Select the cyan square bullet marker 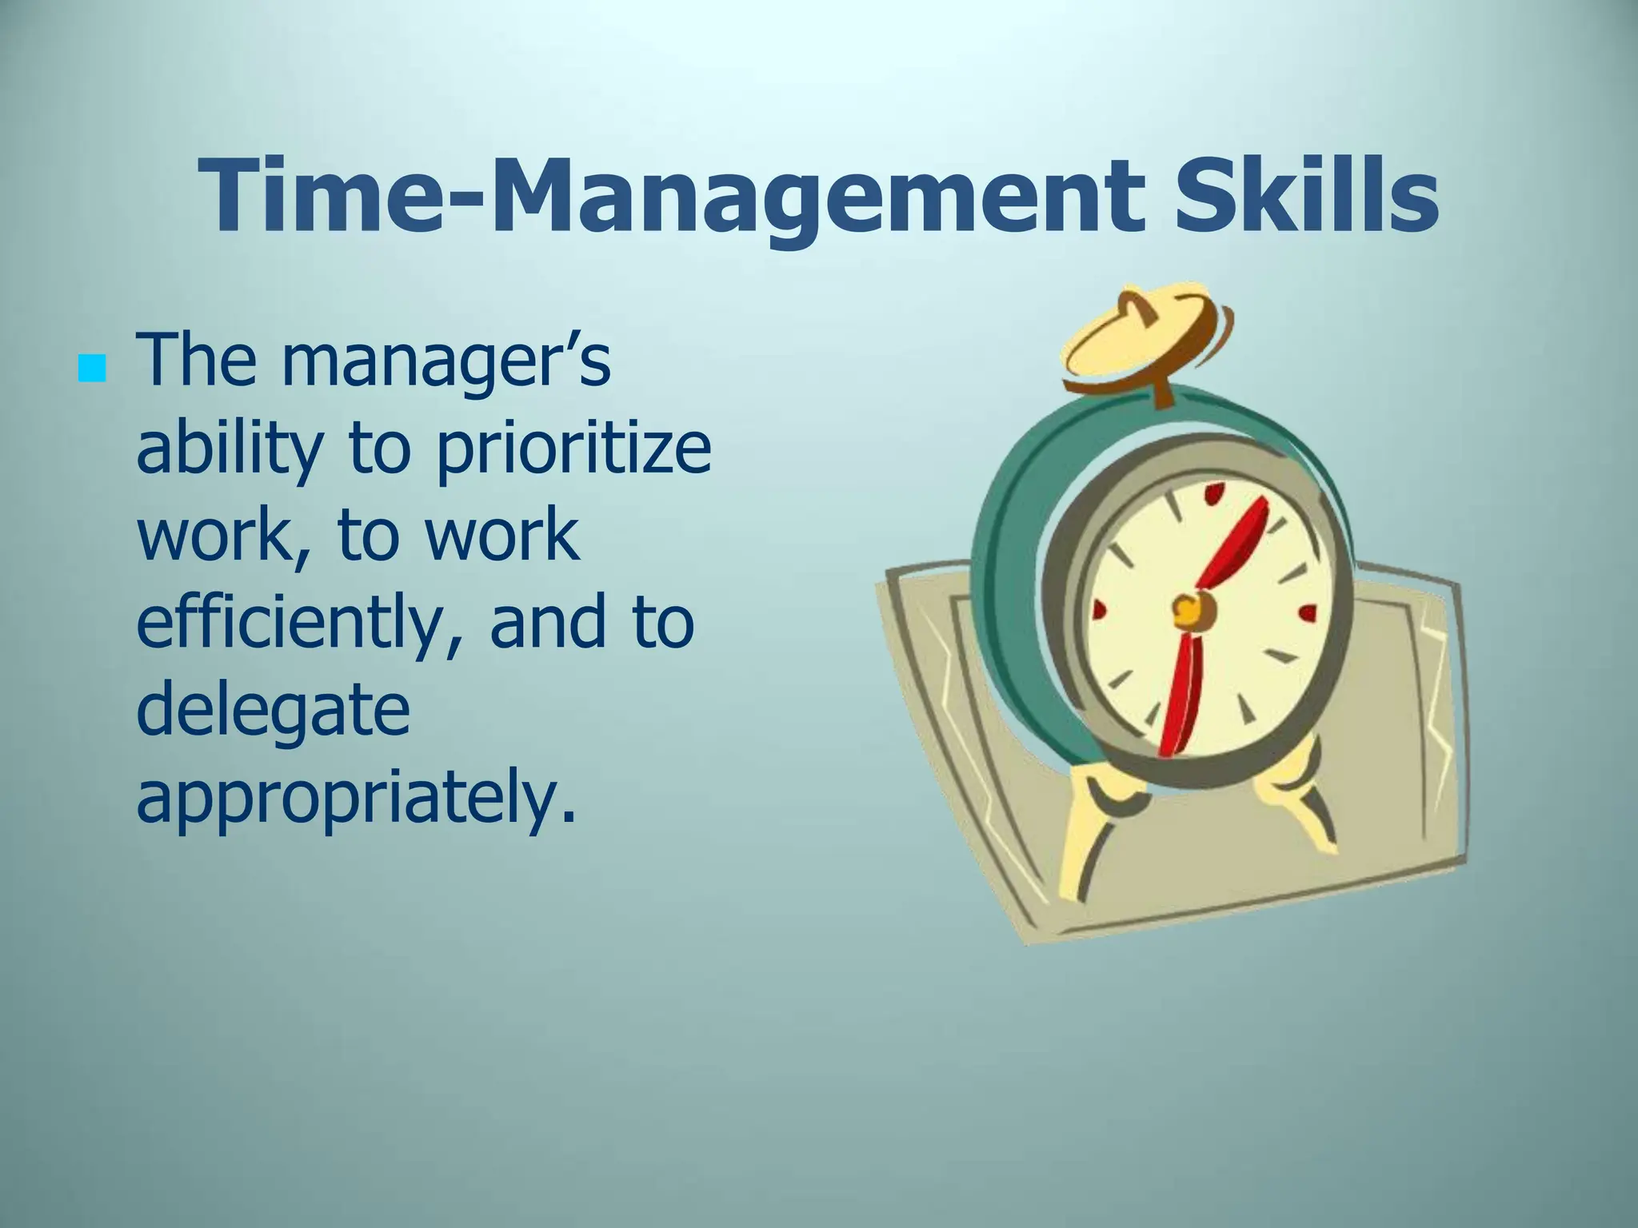93,369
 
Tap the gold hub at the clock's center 1187,612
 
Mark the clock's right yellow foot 1300,807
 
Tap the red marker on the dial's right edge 1308,614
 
